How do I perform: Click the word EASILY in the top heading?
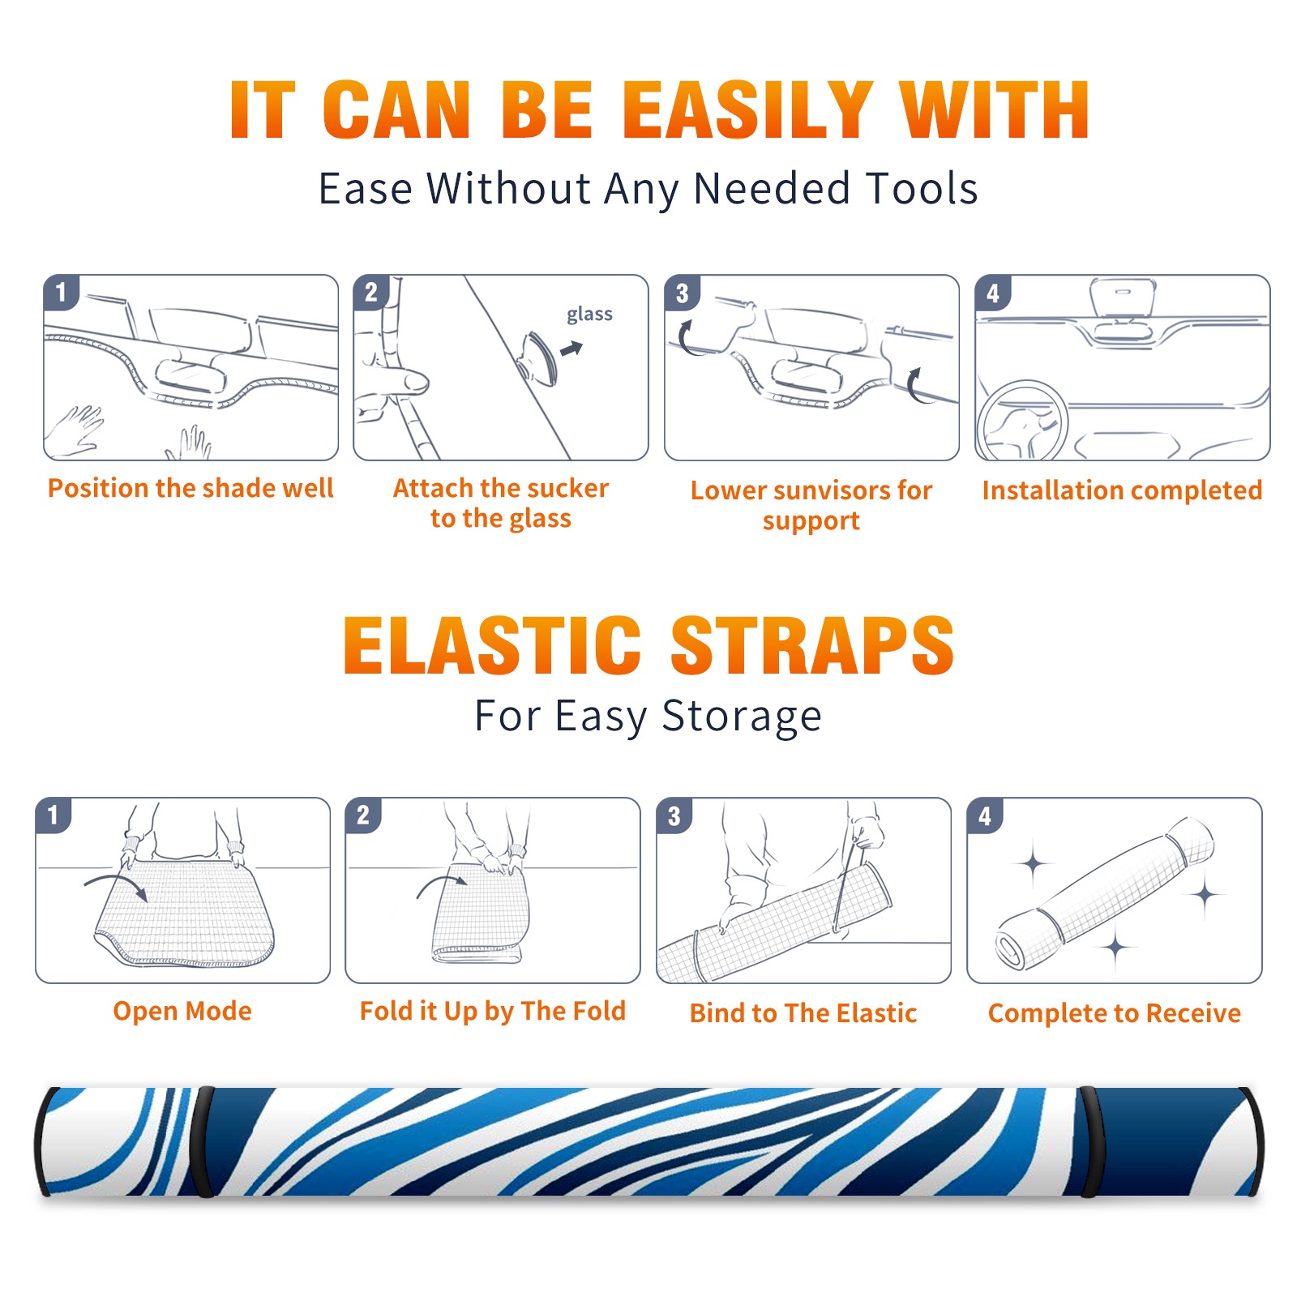(747, 110)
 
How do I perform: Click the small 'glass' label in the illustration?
(589, 315)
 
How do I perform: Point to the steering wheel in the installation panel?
(1022, 421)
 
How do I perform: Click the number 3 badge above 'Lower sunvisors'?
(682, 293)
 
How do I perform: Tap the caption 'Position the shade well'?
(190, 488)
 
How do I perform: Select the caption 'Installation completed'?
(1122, 490)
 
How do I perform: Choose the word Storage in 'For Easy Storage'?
(742, 717)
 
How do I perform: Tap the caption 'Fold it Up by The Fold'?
(493, 1011)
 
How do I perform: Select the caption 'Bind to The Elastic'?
(803, 1013)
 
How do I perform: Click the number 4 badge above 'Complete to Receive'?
(985, 815)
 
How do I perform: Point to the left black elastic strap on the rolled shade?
(203, 1141)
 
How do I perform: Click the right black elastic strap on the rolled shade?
(1091, 1141)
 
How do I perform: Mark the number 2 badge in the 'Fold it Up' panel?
(362, 815)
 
